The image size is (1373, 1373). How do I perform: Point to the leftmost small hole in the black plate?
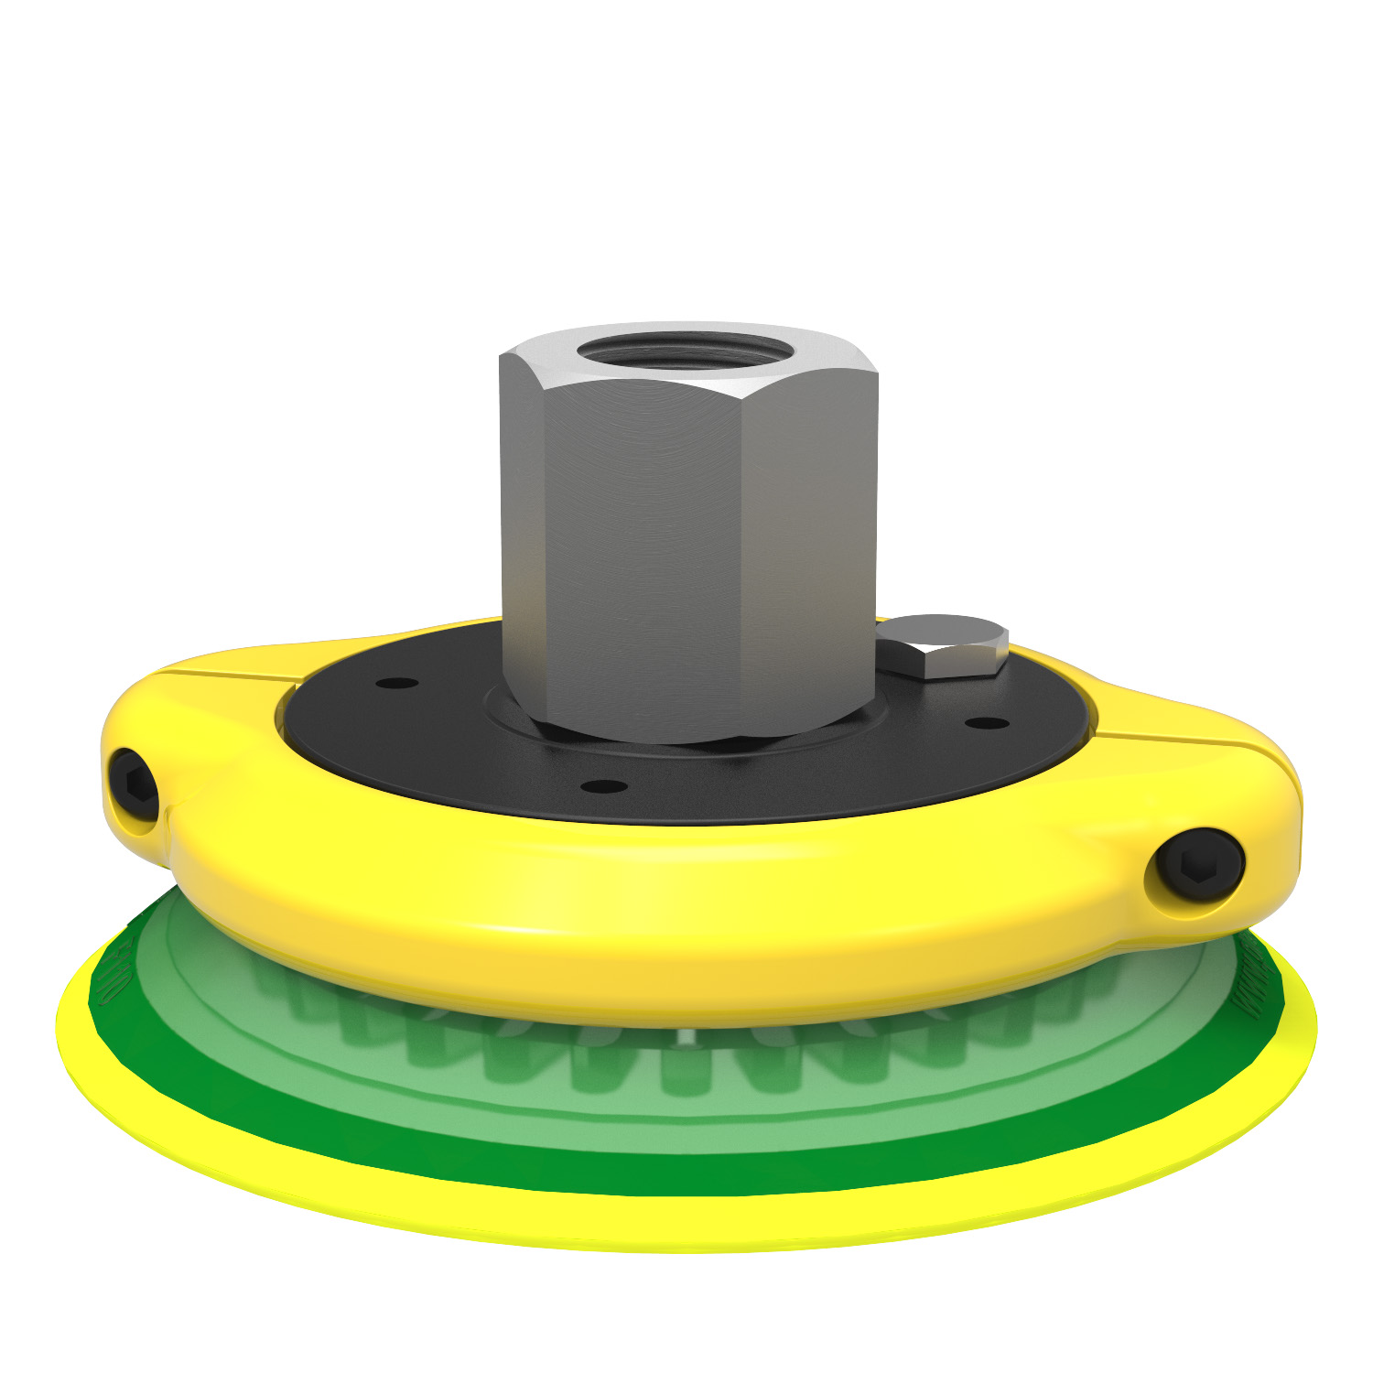(397, 683)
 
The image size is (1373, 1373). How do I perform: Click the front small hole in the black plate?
(603, 786)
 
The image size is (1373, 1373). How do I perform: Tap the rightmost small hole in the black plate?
(988, 723)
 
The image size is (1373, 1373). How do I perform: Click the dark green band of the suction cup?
(641, 1167)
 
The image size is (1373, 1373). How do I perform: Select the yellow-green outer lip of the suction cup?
(641, 1227)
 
